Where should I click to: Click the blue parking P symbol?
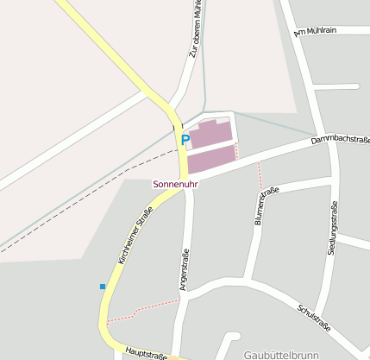(185, 138)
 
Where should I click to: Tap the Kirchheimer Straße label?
(135, 235)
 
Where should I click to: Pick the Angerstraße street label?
(183, 269)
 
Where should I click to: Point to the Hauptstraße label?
(145, 353)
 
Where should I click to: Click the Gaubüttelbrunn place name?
(281, 354)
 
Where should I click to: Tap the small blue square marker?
(103, 286)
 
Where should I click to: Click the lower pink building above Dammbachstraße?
(212, 158)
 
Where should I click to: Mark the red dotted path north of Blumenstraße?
(259, 175)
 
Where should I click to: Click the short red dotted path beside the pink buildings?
(237, 150)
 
